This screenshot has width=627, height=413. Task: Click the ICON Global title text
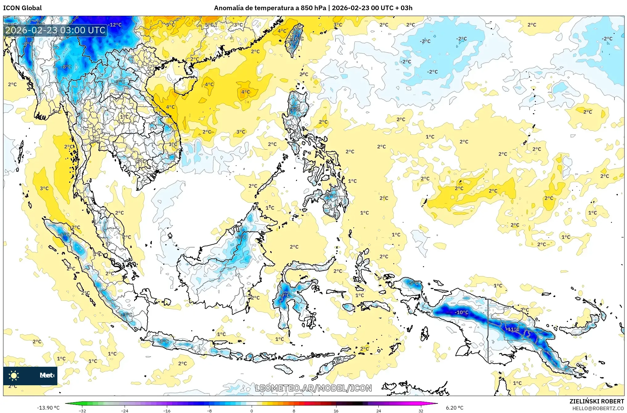pyautogui.click(x=22, y=8)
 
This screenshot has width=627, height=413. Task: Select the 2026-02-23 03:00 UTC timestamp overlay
pyautogui.click(x=56, y=30)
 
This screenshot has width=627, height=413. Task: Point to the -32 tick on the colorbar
pyautogui.click(x=82, y=411)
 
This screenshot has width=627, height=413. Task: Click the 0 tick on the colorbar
pyautogui.click(x=252, y=411)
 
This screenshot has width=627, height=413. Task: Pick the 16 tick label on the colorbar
pyautogui.click(x=336, y=411)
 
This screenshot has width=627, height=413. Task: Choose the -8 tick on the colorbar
pyautogui.click(x=209, y=411)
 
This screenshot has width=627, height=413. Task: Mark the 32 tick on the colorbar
pyautogui.click(x=421, y=411)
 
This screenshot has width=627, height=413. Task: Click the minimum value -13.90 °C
pyautogui.click(x=48, y=408)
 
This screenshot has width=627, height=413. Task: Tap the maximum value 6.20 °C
pyautogui.click(x=455, y=408)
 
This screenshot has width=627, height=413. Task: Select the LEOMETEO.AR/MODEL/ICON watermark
pyautogui.click(x=313, y=388)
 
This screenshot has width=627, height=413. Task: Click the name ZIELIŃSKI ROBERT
pyautogui.click(x=596, y=401)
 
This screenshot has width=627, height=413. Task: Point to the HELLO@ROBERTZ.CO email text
pyautogui.click(x=598, y=408)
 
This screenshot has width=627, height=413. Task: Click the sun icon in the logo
pyautogui.click(x=14, y=375)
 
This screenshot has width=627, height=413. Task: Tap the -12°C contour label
pyautogui.click(x=115, y=25)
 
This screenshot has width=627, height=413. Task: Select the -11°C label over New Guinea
pyautogui.click(x=513, y=329)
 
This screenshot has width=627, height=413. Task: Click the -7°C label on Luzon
pyautogui.click(x=295, y=109)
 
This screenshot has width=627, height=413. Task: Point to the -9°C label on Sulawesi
pyautogui.click(x=285, y=295)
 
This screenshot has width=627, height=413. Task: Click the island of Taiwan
pyautogui.click(x=294, y=40)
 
